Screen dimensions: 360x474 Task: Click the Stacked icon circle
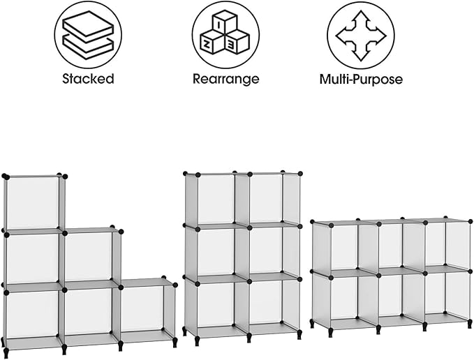pyautogui.click(x=88, y=34)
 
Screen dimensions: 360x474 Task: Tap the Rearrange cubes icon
pyautogui.click(x=225, y=34)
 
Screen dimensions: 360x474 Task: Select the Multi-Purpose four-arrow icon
pyautogui.click(x=360, y=34)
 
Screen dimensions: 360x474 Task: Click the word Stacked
pyautogui.click(x=88, y=79)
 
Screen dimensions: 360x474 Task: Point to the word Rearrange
pyautogui.click(x=225, y=79)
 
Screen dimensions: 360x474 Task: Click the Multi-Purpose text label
pyautogui.click(x=361, y=79)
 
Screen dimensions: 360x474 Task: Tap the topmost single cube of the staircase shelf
pyautogui.click(x=32, y=202)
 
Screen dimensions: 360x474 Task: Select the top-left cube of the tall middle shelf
pyautogui.click(x=215, y=199)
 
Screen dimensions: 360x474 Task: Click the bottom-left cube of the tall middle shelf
pyautogui.click(x=215, y=303)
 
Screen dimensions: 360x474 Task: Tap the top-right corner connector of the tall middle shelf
pyautogui.click(x=300, y=172)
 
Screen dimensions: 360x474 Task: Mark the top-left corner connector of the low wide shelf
pyautogui.click(x=313, y=224)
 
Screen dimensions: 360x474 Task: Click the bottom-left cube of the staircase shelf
pyautogui.click(x=32, y=312)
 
